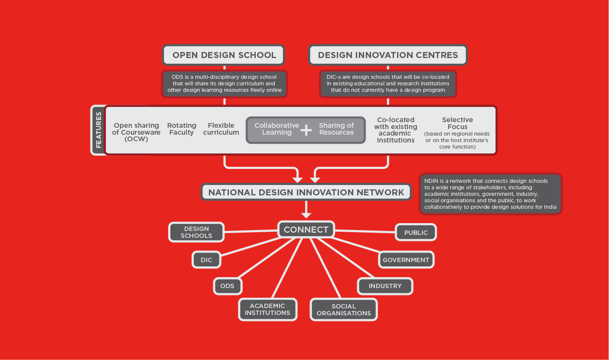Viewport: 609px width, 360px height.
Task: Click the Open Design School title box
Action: (x=224, y=55)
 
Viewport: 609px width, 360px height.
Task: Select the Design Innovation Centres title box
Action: (x=388, y=55)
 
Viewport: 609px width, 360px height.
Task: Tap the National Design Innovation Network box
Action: (x=306, y=192)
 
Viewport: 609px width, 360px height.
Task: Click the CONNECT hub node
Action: (x=306, y=230)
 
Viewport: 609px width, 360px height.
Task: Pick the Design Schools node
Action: (x=196, y=232)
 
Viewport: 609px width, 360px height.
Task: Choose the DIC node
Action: (x=206, y=260)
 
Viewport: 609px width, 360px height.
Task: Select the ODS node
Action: (x=227, y=286)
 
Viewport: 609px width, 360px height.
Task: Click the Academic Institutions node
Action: (x=267, y=309)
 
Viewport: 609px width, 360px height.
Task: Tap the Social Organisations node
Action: (x=344, y=310)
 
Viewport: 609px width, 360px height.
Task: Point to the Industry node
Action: (x=385, y=286)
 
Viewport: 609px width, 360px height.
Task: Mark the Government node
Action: (x=406, y=260)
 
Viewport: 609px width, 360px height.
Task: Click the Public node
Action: (x=416, y=233)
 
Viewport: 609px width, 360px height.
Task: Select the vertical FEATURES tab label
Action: (x=98, y=130)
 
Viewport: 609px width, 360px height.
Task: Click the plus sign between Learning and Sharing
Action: (x=306, y=130)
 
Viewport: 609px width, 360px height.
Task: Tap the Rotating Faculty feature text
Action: (x=182, y=129)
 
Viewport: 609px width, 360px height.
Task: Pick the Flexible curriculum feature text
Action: (x=221, y=129)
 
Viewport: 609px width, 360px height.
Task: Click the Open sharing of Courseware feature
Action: (x=136, y=132)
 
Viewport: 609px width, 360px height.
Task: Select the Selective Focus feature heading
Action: (x=457, y=123)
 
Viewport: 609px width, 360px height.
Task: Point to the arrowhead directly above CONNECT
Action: (x=306, y=214)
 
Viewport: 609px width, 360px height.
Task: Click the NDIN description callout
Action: (x=490, y=194)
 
